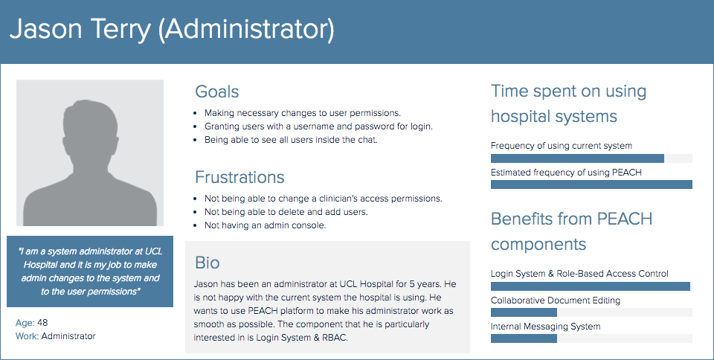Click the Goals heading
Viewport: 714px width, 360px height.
pos(216,91)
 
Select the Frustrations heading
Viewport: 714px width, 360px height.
pos(239,177)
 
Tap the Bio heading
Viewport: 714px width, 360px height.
pos(208,263)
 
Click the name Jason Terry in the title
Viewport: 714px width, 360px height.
pos(80,29)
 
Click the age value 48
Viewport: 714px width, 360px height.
pos(42,323)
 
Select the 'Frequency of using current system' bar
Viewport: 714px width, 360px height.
pos(577,158)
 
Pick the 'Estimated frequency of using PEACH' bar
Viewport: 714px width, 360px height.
pos(591,184)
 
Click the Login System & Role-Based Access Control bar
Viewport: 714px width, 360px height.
pos(591,286)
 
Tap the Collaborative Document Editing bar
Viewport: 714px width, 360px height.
pos(524,312)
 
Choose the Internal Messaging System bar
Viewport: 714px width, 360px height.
pos(524,338)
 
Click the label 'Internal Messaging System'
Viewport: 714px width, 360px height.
pos(545,327)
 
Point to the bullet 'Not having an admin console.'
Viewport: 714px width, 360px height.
pos(265,225)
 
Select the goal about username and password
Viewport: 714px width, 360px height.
pos(318,126)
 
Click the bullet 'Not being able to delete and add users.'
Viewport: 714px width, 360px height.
pos(286,212)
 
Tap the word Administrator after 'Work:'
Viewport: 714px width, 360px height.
pos(68,336)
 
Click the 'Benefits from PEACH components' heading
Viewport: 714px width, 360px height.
pos(571,231)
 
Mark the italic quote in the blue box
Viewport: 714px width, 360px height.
pos(90,271)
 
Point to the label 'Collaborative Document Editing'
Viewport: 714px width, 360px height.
pos(556,300)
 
